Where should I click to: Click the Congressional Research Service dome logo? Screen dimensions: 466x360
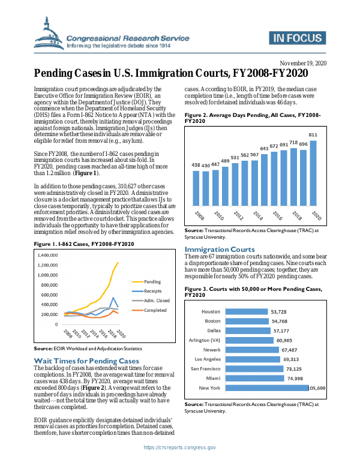click(x=52, y=34)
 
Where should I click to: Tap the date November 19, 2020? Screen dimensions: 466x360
click(x=303, y=63)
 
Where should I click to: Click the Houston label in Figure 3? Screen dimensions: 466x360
click(x=211, y=312)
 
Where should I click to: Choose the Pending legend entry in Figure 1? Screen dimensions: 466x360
click(x=152, y=281)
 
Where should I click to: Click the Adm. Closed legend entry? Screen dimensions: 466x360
click(x=157, y=300)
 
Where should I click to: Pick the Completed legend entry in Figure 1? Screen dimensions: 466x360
click(x=155, y=309)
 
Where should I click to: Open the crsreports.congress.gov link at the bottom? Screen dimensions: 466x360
click(x=180, y=447)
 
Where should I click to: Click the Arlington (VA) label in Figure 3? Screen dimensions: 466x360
click(x=206, y=340)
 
